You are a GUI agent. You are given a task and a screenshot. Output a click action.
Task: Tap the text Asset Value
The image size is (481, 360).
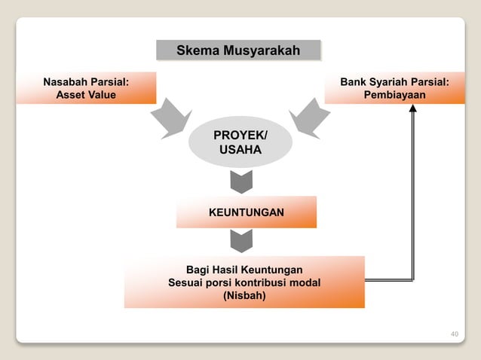pos(86,95)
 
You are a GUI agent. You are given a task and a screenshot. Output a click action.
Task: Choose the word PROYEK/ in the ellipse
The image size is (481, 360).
pos(240,136)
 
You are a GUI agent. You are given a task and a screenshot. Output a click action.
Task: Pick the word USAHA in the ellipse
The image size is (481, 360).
pos(240,151)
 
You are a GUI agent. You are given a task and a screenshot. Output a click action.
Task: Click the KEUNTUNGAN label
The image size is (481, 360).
pos(247,213)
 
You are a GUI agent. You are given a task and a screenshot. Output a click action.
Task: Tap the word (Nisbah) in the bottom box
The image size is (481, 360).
pos(244,296)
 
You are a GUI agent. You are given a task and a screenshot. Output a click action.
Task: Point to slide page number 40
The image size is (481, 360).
pos(454,334)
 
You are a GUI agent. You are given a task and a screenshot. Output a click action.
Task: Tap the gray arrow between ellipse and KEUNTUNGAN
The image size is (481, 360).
pos(240,182)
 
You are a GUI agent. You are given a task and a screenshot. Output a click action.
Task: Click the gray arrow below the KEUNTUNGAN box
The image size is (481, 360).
pos(240,241)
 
